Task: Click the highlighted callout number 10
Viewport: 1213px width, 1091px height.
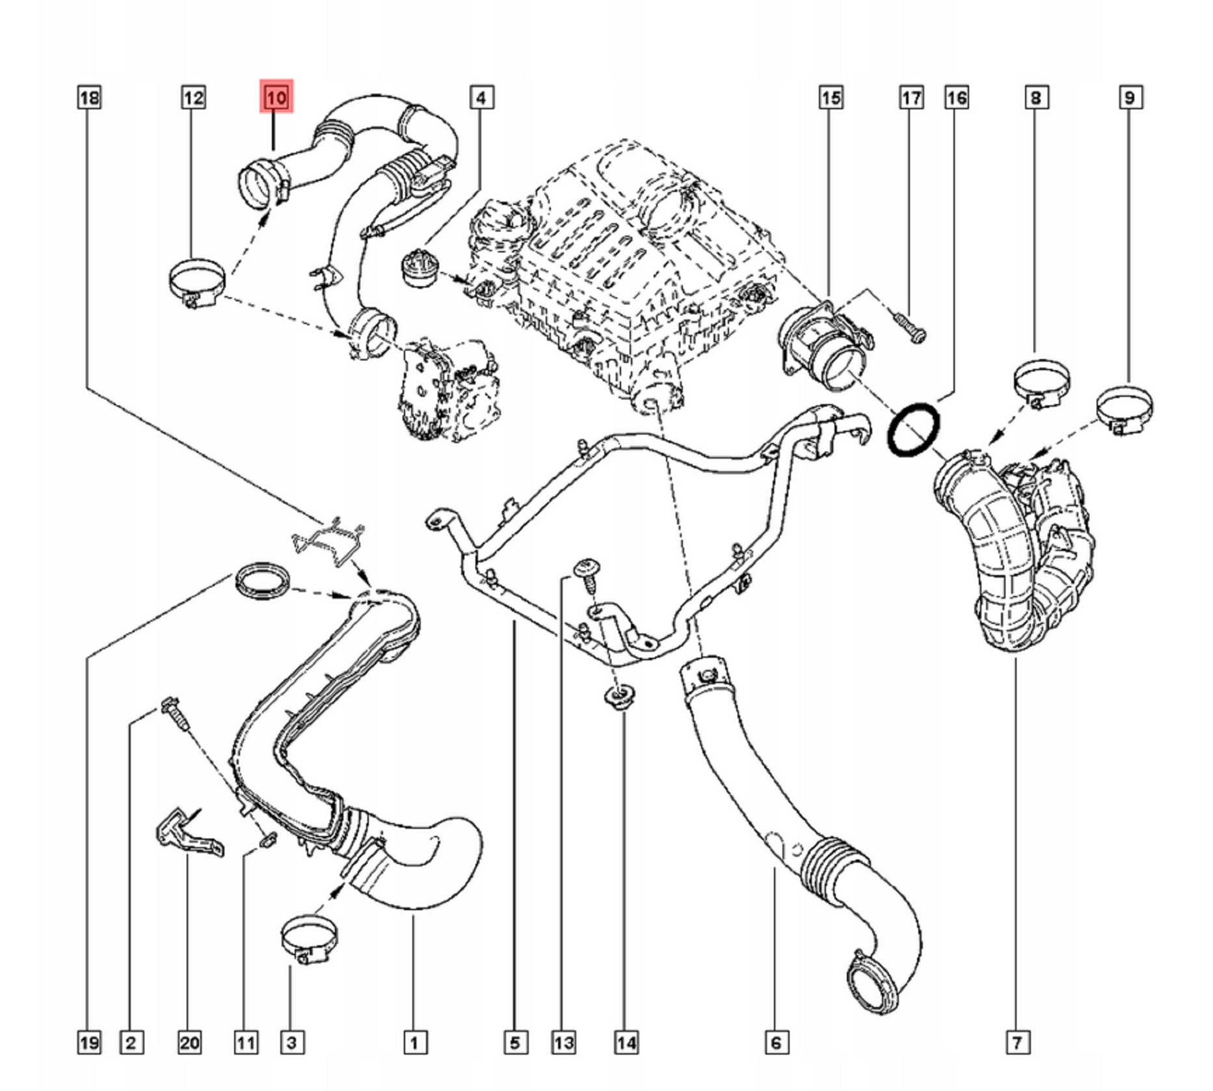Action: (276, 98)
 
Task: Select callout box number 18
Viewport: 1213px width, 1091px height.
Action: (89, 98)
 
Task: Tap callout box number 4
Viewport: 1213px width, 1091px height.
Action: (481, 98)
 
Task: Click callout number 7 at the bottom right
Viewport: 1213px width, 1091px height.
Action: (1017, 1043)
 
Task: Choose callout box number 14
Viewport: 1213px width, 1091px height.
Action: (626, 1043)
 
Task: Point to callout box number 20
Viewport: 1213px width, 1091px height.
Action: (189, 1043)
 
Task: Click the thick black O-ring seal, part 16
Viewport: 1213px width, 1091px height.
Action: (913, 429)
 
